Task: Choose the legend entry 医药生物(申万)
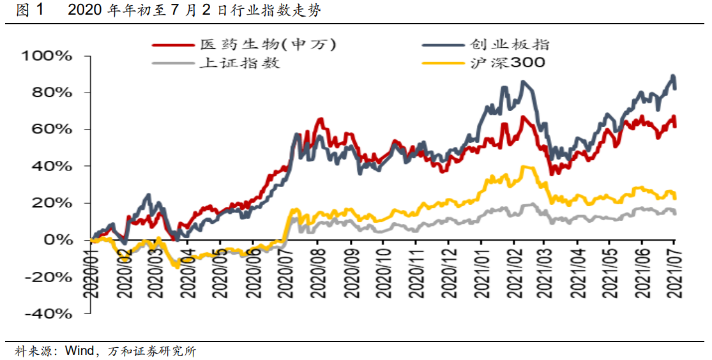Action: [268, 45]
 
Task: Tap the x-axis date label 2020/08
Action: [319, 273]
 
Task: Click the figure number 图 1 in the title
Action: [31, 11]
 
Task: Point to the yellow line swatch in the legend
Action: [443, 63]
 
